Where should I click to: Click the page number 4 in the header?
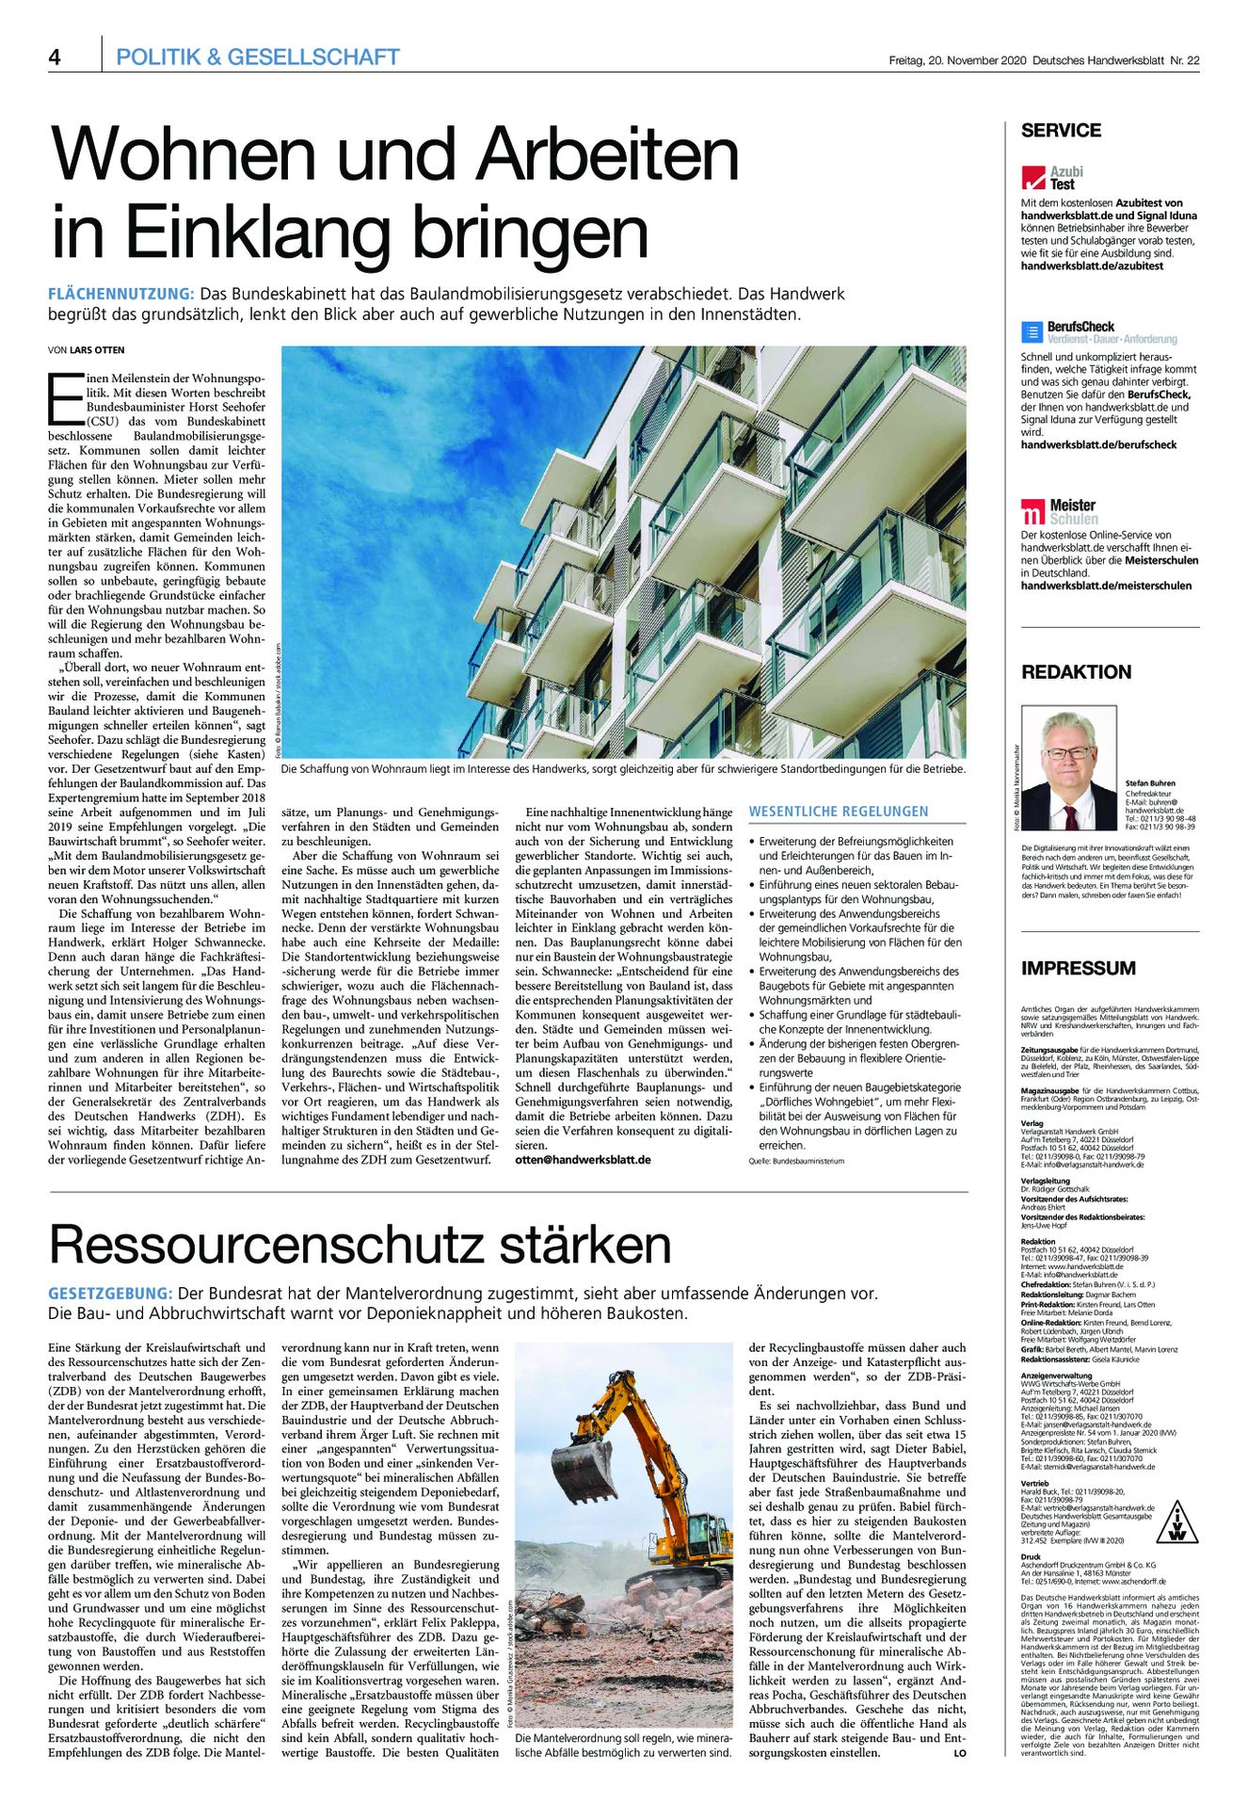[55, 57]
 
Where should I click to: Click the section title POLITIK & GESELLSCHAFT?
[257, 57]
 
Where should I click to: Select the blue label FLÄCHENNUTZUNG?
[120, 295]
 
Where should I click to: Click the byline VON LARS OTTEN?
[86, 350]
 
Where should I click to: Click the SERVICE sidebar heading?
[1061, 131]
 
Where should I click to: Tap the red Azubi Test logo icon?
[1033, 178]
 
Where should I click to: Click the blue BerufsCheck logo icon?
[1032, 332]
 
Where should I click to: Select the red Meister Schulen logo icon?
[1033, 512]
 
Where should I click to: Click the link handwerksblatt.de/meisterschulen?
[1106, 586]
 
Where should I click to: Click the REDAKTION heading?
[1076, 672]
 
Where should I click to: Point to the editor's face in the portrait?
[1068, 754]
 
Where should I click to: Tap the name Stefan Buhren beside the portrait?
[1149, 783]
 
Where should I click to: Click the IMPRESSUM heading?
[1078, 968]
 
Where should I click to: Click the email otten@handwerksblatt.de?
[583, 1160]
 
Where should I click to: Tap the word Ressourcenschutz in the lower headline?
[264, 1245]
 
